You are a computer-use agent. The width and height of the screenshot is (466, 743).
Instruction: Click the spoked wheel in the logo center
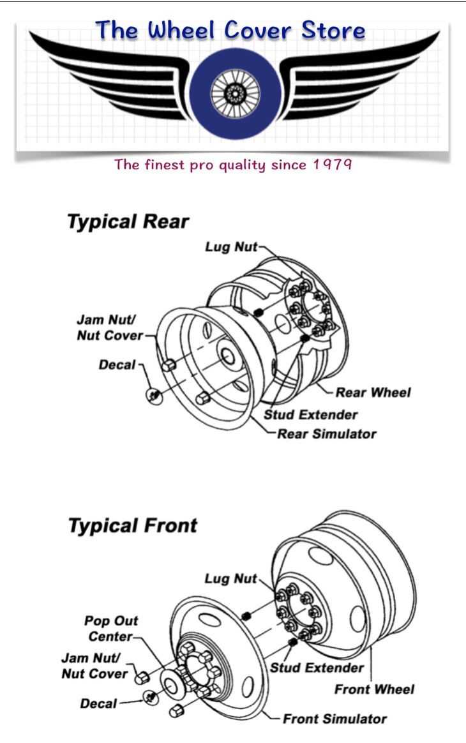coord(235,93)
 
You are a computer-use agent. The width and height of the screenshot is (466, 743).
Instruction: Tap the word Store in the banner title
coord(333,31)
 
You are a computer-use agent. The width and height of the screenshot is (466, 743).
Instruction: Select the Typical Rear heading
coord(128,221)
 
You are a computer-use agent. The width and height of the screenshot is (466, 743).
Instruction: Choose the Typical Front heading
coord(133,526)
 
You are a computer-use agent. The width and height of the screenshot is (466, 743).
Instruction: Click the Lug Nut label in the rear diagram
coord(231,246)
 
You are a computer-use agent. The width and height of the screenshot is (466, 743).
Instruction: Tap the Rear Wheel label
coord(373,393)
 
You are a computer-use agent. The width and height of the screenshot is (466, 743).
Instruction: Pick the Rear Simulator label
coord(327,433)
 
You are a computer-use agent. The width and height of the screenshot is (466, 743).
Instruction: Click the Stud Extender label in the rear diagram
coord(310,415)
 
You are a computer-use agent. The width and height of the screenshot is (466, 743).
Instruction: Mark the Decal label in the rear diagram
coord(117,365)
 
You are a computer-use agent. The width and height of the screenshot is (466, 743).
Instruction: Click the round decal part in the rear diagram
coord(154,396)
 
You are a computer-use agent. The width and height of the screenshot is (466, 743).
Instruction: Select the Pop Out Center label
coord(111,628)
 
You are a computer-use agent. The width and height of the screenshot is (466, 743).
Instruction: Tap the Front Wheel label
coord(375,689)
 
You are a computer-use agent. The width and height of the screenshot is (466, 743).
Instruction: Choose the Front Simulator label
coord(334,719)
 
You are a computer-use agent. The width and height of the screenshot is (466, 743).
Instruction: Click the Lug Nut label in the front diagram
coord(231,578)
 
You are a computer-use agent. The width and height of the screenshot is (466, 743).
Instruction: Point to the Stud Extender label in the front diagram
coord(317,668)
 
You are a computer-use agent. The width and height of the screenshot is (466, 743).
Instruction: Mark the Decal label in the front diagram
coord(98,703)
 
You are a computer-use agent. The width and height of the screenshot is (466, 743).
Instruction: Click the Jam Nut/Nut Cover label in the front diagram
coord(95,666)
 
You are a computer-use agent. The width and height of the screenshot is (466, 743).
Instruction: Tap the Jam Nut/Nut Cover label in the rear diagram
coord(110,327)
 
